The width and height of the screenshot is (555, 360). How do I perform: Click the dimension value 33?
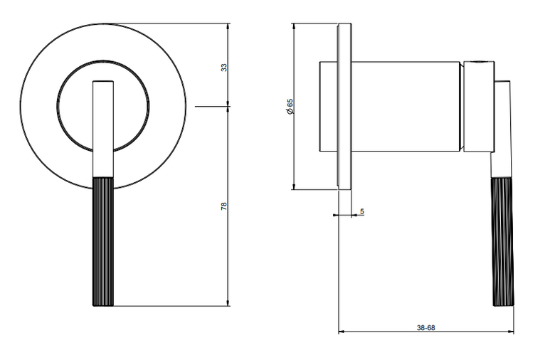coord(223,68)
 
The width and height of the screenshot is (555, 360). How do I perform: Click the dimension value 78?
coord(223,207)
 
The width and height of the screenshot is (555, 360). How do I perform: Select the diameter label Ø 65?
coord(290,106)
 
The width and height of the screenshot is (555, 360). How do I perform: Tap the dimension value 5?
coord(361,212)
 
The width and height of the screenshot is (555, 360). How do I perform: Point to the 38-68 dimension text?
coord(425,328)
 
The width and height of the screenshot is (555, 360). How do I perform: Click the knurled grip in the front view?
coord(103,242)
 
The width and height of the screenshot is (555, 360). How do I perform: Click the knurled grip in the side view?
coord(502,242)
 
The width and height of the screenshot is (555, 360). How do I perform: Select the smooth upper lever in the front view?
coord(103,129)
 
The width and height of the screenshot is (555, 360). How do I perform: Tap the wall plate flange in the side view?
coord(344,106)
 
